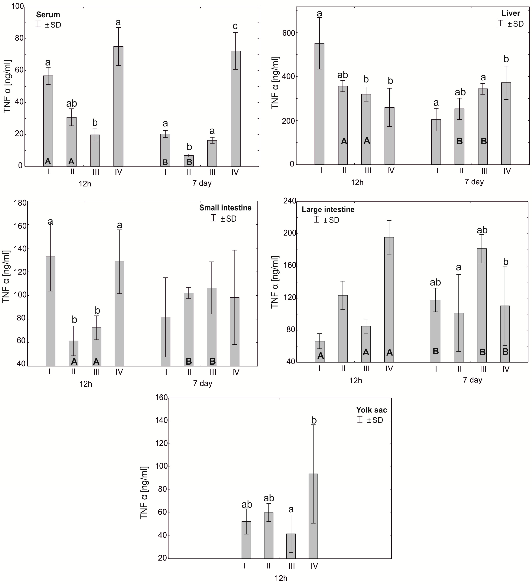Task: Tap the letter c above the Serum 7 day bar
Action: [235, 26]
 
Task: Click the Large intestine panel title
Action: [328, 209]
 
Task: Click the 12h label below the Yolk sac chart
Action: [281, 578]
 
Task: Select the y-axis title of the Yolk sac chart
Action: [144, 492]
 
